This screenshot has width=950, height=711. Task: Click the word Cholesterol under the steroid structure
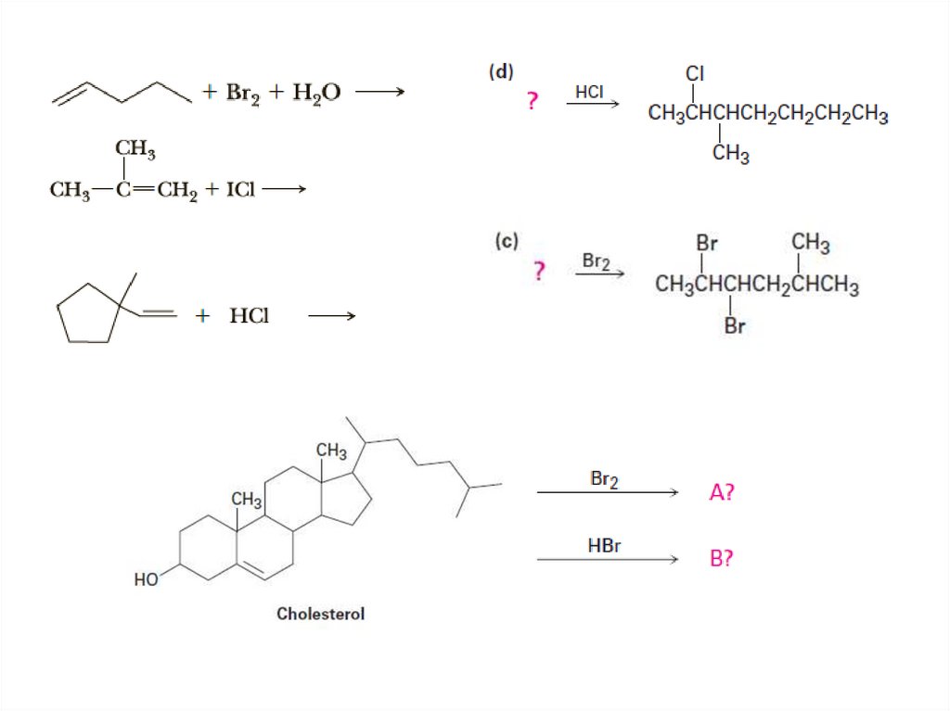click(x=320, y=614)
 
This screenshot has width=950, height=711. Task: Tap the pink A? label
click(x=722, y=493)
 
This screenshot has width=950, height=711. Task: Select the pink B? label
click(x=722, y=559)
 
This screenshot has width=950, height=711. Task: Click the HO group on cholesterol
click(x=146, y=580)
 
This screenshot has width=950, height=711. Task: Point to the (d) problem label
click(x=501, y=72)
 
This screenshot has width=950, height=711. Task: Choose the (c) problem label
click(x=506, y=241)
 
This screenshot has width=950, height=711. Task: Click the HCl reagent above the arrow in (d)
click(x=589, y=92)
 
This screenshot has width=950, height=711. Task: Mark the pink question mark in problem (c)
click(x=538, y=272)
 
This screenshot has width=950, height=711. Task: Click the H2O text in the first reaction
click(x=317, y=93)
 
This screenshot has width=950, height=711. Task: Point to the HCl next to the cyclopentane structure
click(x=250, y=316)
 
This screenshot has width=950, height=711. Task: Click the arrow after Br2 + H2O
click(x=379, y=92)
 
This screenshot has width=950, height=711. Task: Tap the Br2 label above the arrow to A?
click(x=605, y=479)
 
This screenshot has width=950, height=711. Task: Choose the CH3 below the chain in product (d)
click(x=730, y=155)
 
